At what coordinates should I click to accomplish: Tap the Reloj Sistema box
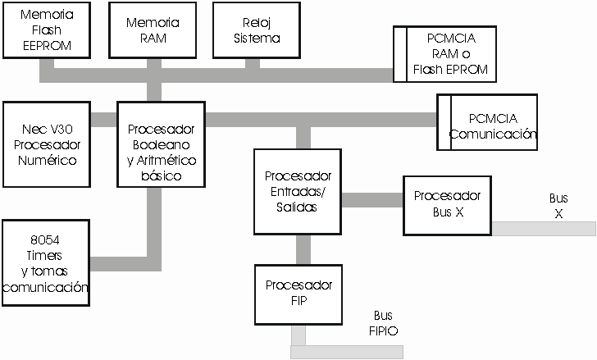click(256, 30)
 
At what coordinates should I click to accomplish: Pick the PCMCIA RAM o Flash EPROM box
click(446, 54)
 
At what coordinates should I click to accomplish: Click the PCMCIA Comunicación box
click(489, 121)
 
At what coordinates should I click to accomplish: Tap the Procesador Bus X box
click(447, 205)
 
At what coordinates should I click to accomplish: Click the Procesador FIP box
click(298, 294)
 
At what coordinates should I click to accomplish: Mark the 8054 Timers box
click(46, 263)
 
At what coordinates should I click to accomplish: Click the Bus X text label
click(558, 206)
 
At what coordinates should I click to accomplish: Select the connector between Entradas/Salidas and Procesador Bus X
click(371, 200)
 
